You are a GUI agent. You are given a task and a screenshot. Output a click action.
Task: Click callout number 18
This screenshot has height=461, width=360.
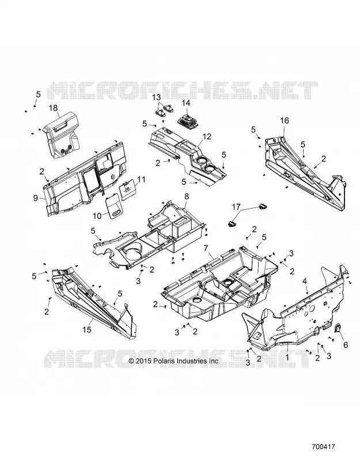coord(54,108)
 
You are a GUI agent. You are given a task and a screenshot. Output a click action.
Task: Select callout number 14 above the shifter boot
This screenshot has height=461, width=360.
coord(186,103)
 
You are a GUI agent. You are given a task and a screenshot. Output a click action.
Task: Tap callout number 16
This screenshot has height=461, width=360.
coord(285,120)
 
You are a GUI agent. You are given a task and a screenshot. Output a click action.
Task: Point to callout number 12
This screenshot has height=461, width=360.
coord(207,137)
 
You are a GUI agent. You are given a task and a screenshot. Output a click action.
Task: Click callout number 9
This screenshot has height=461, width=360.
coord(36,198)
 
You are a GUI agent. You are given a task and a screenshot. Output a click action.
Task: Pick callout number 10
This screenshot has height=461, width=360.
coord(97,216)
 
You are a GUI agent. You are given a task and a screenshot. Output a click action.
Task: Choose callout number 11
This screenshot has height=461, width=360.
coord(141,179)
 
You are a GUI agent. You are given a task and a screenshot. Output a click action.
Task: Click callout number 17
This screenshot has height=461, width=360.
coord(236,207)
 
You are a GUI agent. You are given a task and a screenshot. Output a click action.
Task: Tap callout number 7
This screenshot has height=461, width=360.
coord(208,248)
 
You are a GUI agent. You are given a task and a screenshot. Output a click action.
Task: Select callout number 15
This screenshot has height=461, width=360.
coord(87,330)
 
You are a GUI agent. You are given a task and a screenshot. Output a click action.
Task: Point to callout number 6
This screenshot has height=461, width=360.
coord(346,344)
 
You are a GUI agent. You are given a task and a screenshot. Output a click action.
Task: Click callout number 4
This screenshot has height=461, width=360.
coord(305,281)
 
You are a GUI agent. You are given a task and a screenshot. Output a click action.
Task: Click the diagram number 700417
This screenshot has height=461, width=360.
coord(323,446)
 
